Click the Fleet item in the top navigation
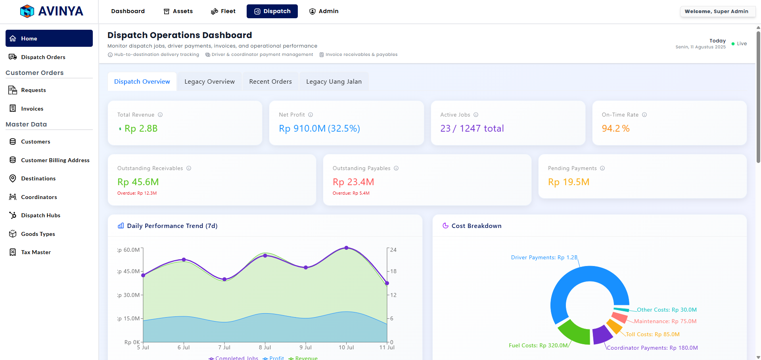point(223,11)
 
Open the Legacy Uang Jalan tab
point(334,82)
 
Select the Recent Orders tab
point(270,82)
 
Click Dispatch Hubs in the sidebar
point(40,215)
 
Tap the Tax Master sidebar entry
point(36,252)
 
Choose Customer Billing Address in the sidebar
point(55,160)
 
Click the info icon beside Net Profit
point(311,115)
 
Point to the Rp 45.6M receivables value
point(138,182)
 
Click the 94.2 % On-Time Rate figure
point(615,128)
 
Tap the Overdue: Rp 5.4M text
point(351,193)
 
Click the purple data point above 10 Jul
point(346,248)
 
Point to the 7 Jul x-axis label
point(224,347)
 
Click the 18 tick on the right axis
point(393,271)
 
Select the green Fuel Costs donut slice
point(574,332)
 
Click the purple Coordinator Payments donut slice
point(602,334)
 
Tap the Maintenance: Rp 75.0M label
point(665,321)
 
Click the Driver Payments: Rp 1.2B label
point(544,257)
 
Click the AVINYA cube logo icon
point(27,11)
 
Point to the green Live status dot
point(733,44)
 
